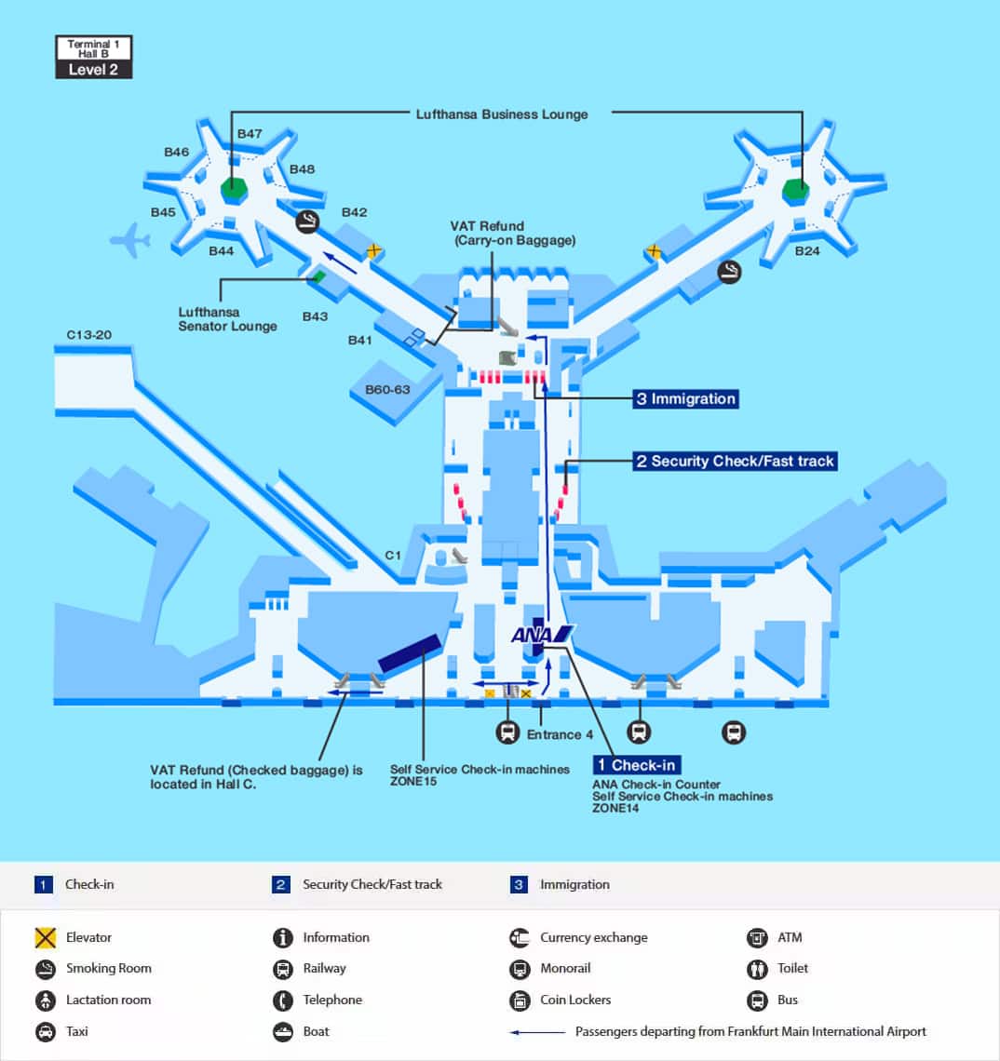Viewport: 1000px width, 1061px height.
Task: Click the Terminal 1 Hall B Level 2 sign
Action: click(x=93, y=58)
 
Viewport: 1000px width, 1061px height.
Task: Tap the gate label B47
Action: click(x=250, y=134)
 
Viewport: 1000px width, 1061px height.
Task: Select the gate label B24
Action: click(x=807, y=251)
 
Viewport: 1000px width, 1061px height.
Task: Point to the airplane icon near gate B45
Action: click(x=130, y=241)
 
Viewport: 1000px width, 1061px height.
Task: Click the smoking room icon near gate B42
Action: click(x=307, y=222)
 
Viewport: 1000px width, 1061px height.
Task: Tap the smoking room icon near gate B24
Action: click(x=729, y=272)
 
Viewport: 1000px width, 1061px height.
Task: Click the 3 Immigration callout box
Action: click(x=686, y=398)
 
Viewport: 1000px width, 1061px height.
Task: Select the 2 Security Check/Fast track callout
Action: click(x=736, y=462)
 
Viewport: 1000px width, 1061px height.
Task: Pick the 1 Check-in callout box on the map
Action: click(x=637, y=765)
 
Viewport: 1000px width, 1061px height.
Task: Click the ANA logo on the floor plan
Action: click(x=542, y=635)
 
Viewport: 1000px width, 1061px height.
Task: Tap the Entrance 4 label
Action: click(x=560, y=735)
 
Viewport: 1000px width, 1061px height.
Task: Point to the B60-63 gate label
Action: click(x=387, y=390)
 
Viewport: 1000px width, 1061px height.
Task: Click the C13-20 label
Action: click(x=88, y=335)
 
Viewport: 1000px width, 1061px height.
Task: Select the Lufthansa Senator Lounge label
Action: click(x=227, y=319)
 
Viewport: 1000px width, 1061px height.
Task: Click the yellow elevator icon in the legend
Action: click(x=46, y=938)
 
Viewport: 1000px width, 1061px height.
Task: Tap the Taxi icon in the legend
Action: click(x=46, y=1032)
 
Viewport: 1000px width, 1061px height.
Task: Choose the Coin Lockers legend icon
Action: click(x=520, y=1001)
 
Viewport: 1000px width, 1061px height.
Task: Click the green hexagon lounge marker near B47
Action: click(x=235, y=190)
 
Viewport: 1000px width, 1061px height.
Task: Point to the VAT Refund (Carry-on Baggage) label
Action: click(x=513, y=234)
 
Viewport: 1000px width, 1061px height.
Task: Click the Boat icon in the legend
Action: click(x=282, y=1032)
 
